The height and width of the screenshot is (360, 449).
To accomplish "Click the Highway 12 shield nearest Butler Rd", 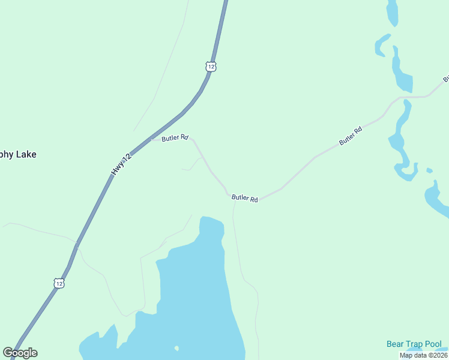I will [x=210, y=67].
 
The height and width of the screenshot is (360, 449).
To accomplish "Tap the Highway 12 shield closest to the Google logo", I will [x=58, y=283].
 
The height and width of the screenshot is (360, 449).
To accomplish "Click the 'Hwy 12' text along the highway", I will [x=120, y=164].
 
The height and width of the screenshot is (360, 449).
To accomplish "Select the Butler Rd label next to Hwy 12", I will [x=175, y=137].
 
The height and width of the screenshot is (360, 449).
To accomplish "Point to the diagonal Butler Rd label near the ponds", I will [x=351, y=135].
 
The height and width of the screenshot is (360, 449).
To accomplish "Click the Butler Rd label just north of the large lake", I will [x=245, y=198].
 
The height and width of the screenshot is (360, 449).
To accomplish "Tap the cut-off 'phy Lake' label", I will [x=18, y=154].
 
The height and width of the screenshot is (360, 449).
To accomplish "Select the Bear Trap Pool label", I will [x=414, y=344].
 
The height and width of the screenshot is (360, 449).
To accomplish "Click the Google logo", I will [x=20, y=353].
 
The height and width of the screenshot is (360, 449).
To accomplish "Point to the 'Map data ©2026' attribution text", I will [x=423, y=355].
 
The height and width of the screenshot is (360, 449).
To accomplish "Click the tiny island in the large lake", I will [x=176, y=348].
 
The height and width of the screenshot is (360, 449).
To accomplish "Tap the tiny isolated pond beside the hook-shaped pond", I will [x=429, y=170].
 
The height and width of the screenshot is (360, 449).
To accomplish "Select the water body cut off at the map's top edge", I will [x=393, y=12].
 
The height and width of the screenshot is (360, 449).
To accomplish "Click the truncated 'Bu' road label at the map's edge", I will [x=446, y=79].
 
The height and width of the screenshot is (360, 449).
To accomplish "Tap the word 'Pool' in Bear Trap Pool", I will [x=432, y=344].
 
